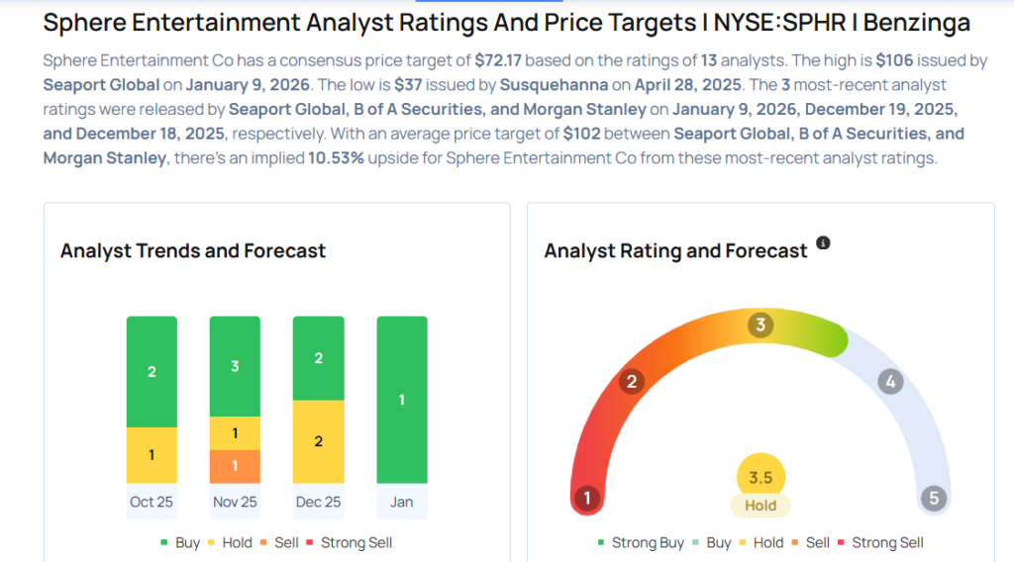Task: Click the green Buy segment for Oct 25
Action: click(152, 372)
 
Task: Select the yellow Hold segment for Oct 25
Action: click(152, 455)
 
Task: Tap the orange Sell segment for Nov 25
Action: click(235, 466)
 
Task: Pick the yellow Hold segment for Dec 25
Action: click(318, 441)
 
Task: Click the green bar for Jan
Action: click(401, 400)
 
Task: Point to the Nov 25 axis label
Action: click(235, 502)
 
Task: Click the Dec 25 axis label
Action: click(318, 502)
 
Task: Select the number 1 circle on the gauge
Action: click(587, 498)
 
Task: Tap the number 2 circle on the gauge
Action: click(632, 382)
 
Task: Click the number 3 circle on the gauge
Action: click(760, 325)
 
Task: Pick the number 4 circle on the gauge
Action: click(890, 382)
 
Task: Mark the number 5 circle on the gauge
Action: click(933, 498)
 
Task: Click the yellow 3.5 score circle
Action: click(760, 478)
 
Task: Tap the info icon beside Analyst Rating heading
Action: click(823, 243)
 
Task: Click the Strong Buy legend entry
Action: click(641, 542)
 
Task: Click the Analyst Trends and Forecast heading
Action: click(193, 251)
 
